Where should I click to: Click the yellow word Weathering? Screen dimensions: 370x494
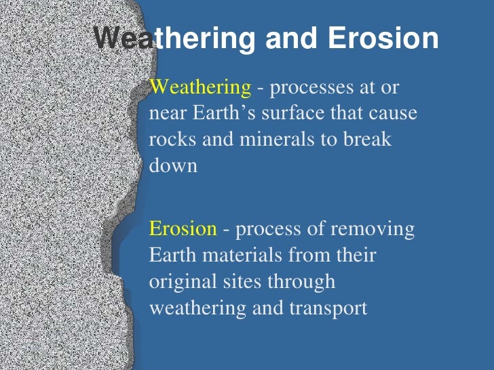coord(199,87)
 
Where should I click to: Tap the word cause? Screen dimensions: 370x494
coord(394,112)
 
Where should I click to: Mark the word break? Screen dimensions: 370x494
coord(367,138)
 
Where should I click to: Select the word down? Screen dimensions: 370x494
coord(173,164)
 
